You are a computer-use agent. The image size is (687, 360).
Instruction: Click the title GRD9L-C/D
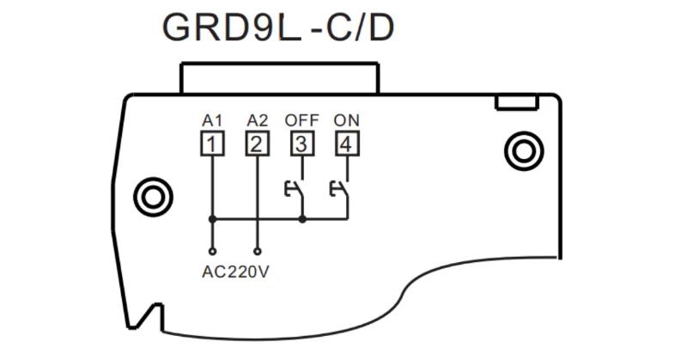click(278, 28)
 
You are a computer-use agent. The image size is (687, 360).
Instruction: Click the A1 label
click(211, 119)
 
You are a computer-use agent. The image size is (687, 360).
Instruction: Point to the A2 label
click(256, 119)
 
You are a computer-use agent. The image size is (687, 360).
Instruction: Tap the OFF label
click(301, 119)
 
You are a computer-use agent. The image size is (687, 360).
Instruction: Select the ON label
click(346, 119)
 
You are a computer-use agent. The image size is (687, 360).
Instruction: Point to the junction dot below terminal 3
click(301, 219)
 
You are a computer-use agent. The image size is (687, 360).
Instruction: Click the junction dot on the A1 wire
click(211, 219)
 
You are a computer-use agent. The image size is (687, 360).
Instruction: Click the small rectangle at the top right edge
click(517, 103)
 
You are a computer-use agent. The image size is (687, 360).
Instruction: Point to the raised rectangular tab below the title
click(278, 77)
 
